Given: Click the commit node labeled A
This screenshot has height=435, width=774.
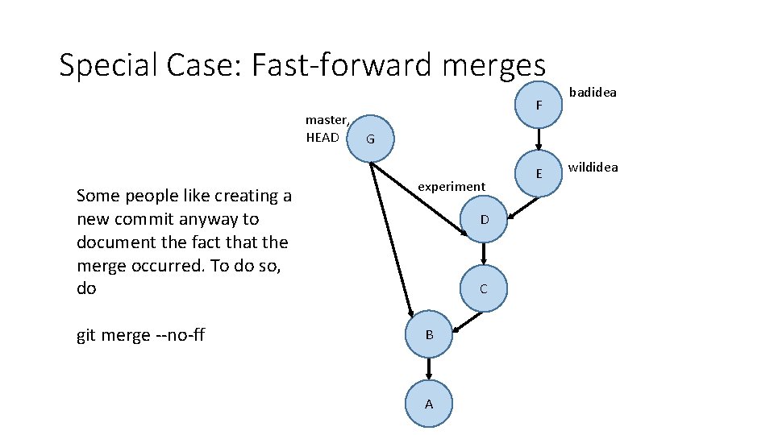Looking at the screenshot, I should click(x=428, y=404).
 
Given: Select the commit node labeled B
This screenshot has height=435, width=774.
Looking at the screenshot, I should click(x=429, y=334).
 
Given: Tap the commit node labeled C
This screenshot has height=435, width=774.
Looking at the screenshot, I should click(x=483, y=288).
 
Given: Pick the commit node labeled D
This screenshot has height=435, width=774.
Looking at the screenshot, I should click(x=484, y=219).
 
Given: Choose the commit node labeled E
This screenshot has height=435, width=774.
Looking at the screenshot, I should click(x=539, y=173).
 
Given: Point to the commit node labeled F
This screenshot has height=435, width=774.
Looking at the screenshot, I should click(x=539, y=104).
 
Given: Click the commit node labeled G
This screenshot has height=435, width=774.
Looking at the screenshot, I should click(x=370, y=139).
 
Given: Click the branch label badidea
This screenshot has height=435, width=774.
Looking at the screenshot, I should click(x=593, y=92).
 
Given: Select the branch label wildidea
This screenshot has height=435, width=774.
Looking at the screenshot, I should click(x=593, y=168).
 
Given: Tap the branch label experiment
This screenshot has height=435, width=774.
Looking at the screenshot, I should click(x=451, y=186).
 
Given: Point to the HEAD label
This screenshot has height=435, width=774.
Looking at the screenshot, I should click(x=322, y=137).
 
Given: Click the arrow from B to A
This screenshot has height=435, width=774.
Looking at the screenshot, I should click(x=429, y=369).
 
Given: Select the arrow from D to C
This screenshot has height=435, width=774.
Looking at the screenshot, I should click(x=484, y=254).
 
